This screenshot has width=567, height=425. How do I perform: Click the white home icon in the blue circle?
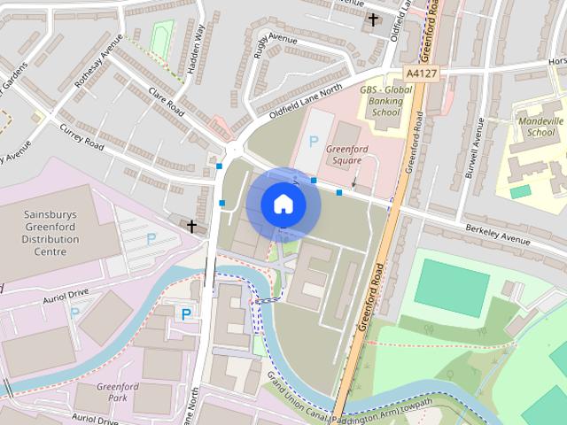point(283,204)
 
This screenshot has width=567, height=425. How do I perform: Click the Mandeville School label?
point(540,127)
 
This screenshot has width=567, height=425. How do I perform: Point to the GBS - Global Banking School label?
point(386,103)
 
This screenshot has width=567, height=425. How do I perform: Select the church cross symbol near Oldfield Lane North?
point(191,227)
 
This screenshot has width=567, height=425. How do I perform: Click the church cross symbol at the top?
point(373,19)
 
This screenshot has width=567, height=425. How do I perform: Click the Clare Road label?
point(166,104)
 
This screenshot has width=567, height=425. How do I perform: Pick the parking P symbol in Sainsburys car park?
point(150,238)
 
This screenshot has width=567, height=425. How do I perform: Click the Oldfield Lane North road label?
point(306,103)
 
